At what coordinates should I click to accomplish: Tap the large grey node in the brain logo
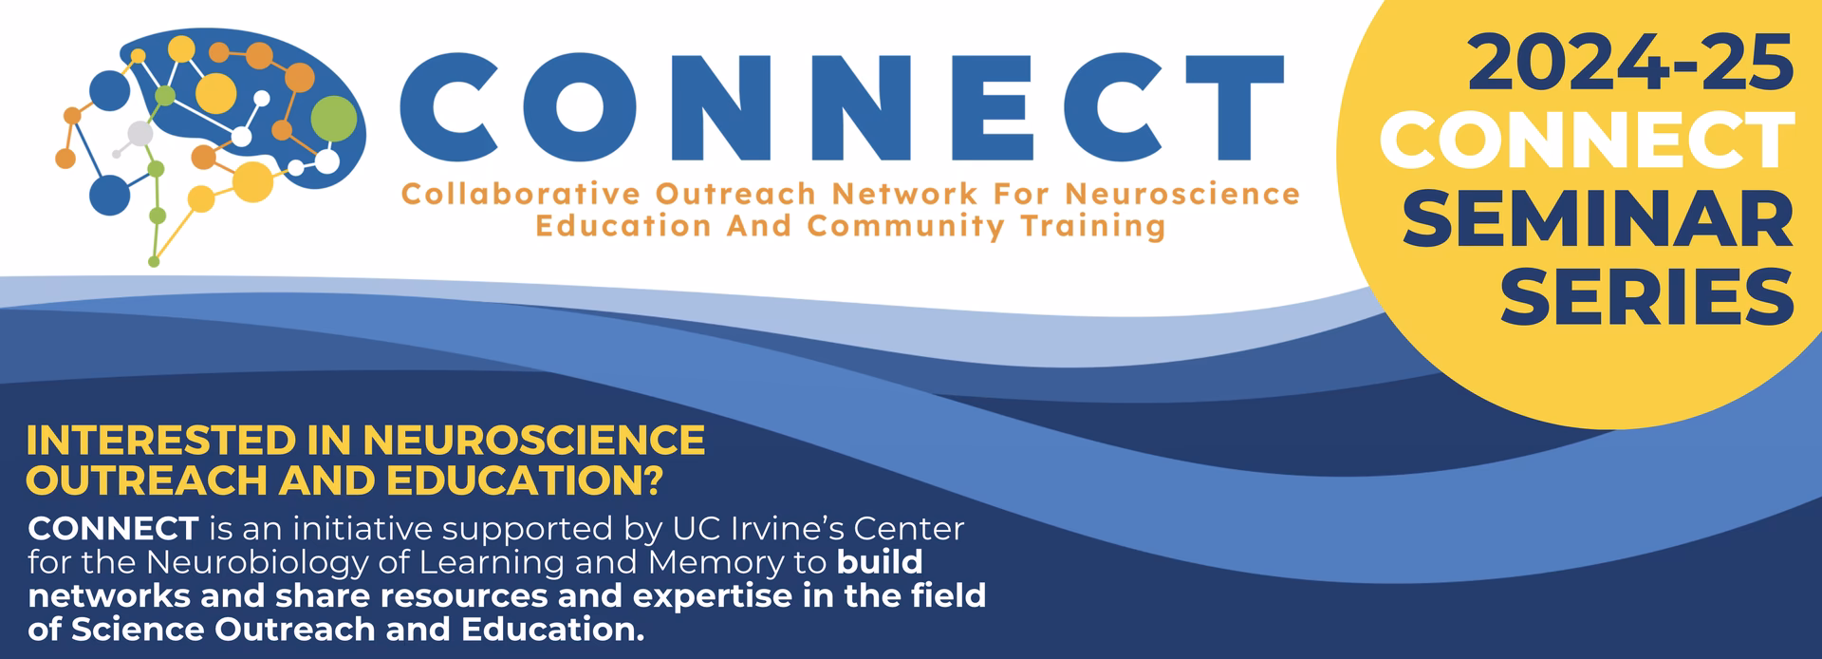coord(140,135)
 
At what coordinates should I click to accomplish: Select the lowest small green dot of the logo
coord(154,259)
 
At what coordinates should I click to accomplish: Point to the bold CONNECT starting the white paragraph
coord(113,528)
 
